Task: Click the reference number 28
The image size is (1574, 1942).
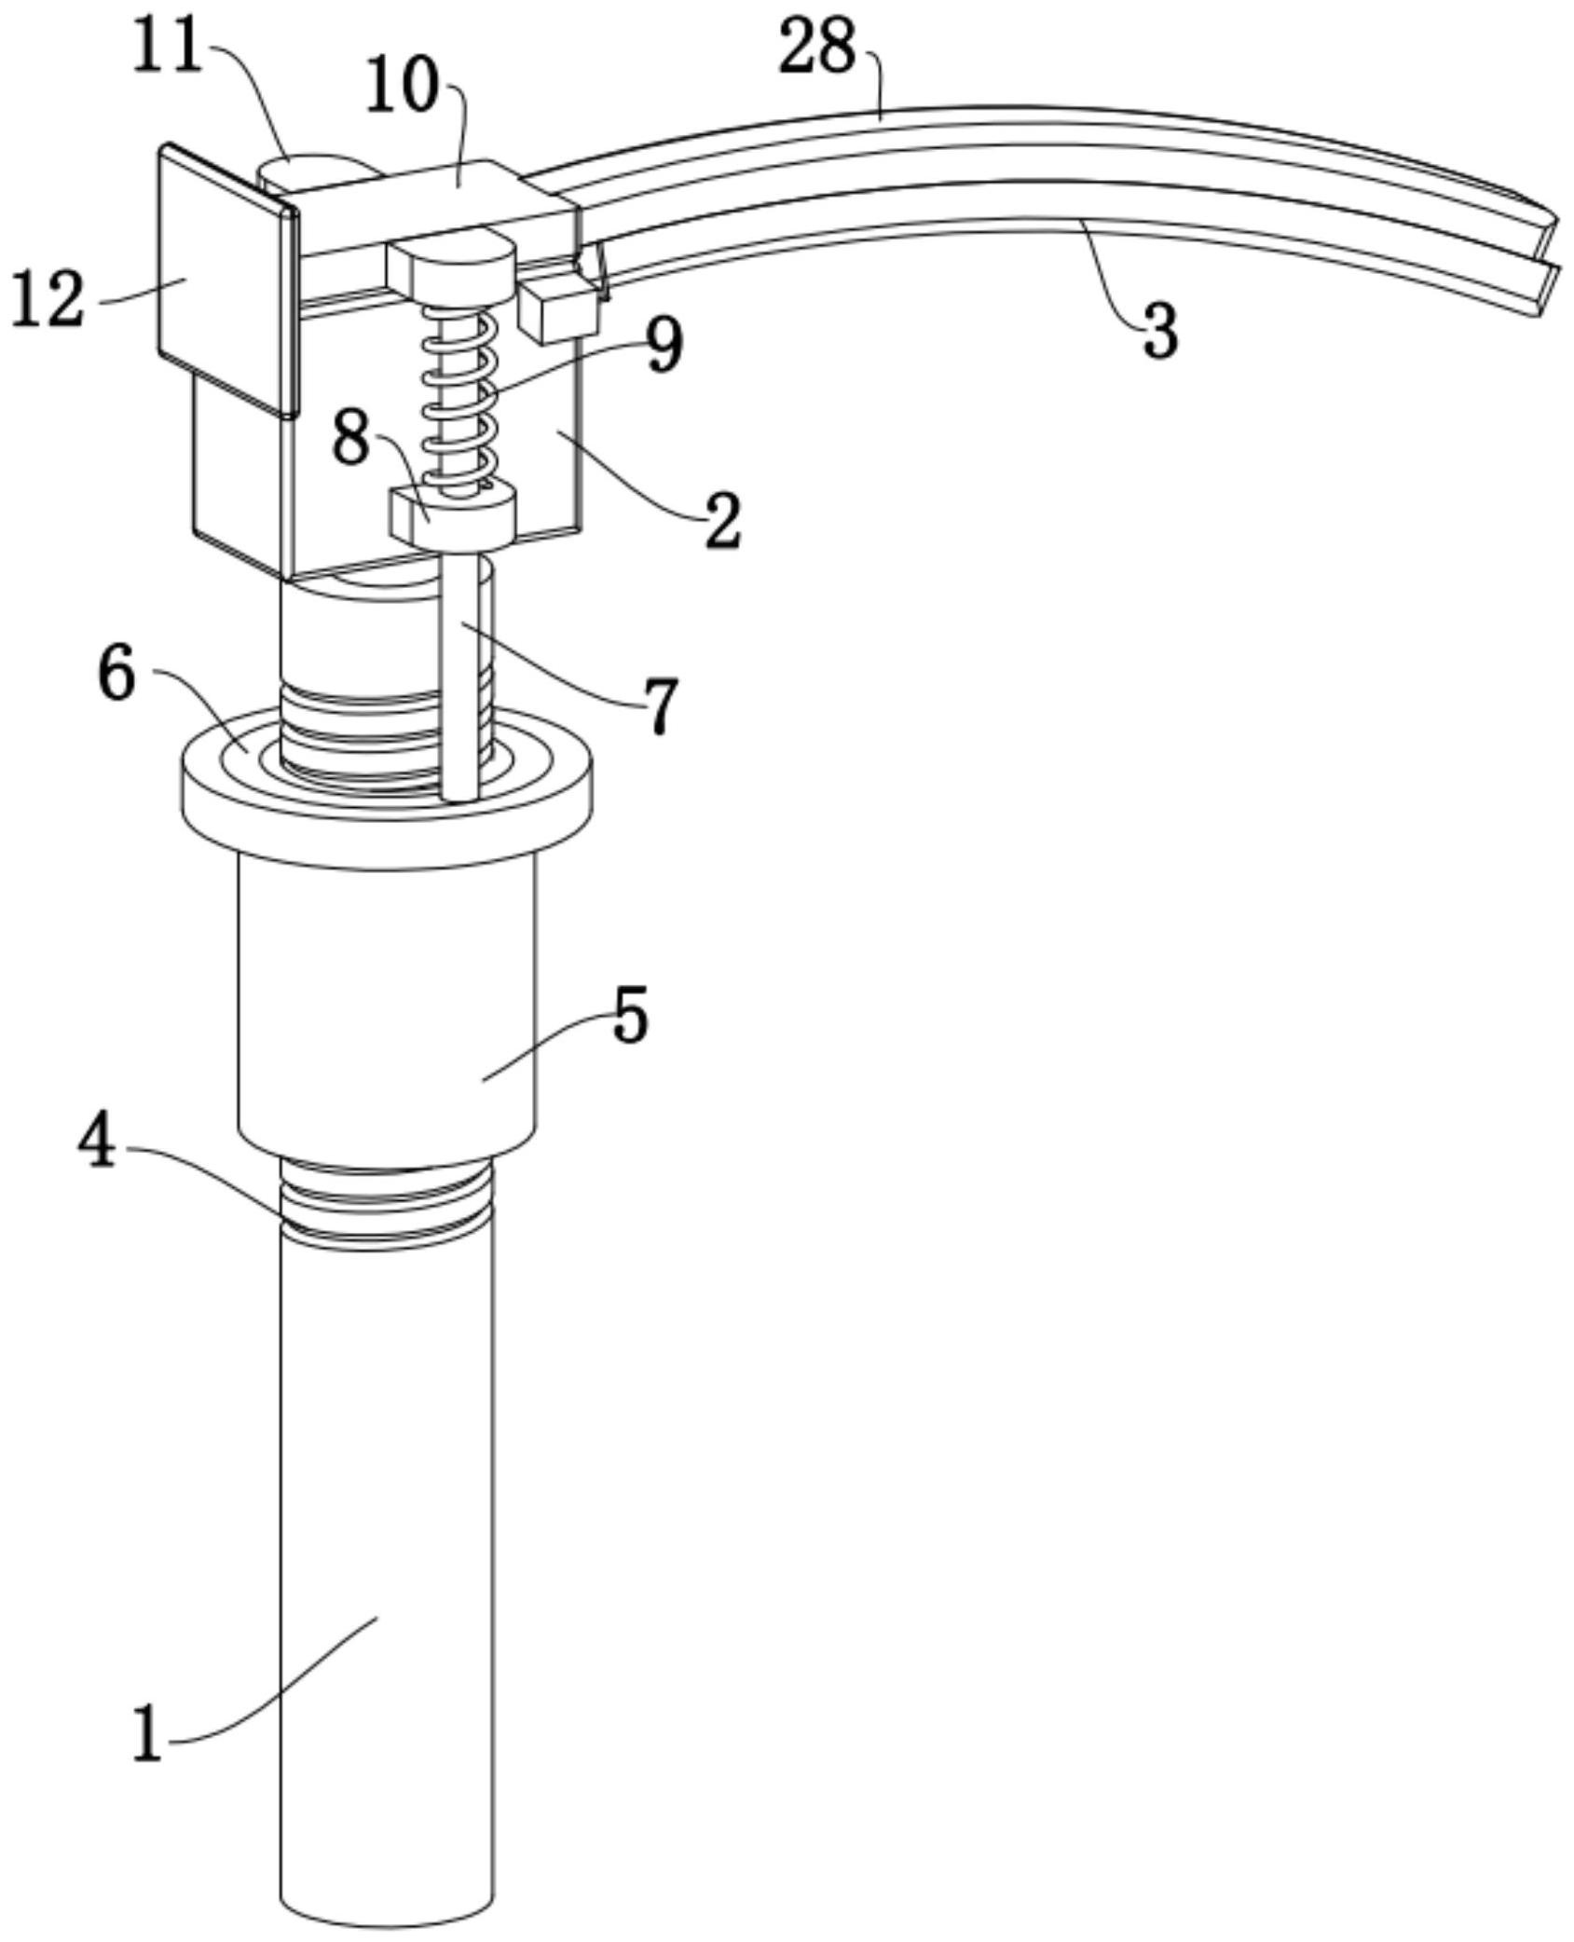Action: click(x=816, y=48)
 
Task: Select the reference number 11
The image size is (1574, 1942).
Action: click(x=168, y=47)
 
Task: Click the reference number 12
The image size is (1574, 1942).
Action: click(x=48, y=300)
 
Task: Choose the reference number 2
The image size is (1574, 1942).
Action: click(x=723, y=522)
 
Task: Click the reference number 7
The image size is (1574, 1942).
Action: click(x=661, y=705)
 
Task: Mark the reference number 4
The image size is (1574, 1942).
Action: click(x=96, y=1143)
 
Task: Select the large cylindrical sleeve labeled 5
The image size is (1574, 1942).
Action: click(x=387, y=1006)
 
